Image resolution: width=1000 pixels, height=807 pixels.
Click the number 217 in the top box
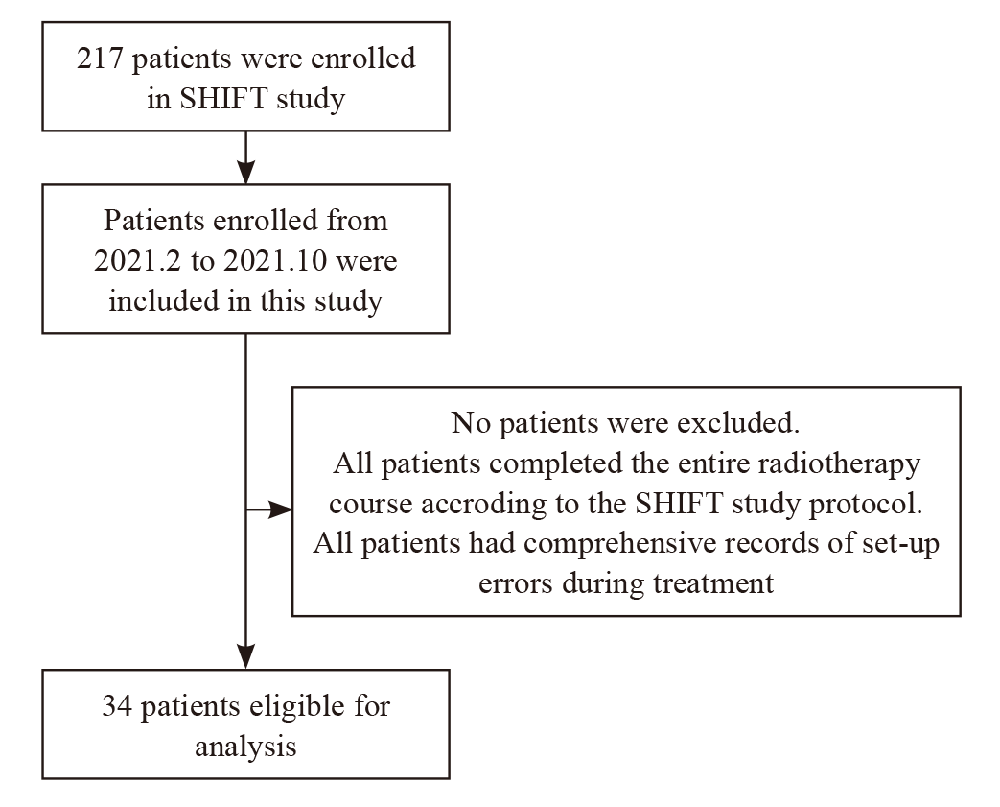(100, 59)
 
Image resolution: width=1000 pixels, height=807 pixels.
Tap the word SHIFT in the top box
(223, 98)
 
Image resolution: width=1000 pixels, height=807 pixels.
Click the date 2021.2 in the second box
(138, 260)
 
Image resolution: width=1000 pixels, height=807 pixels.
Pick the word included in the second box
(163, 300)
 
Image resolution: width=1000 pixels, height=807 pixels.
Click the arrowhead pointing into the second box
(245, 173)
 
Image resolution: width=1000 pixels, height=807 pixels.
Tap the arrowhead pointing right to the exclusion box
(280, 510)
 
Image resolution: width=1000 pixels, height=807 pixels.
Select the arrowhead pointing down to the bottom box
(245, 657)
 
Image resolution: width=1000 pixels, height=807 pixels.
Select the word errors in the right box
(515, 584)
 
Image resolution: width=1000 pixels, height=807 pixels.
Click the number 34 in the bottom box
(117, 707)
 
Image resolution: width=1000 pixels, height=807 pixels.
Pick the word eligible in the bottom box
(298, 707)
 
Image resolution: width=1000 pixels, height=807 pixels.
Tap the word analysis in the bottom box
(245, 747)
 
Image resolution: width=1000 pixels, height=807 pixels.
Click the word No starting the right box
(471, 422)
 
